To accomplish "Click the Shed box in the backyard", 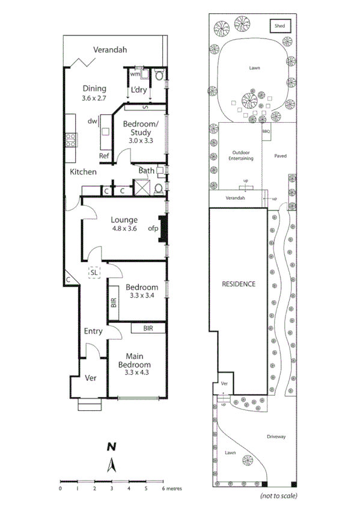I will tap(279, 26).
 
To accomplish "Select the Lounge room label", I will tap(124, 220).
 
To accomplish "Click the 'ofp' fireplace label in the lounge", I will tap(153, 229).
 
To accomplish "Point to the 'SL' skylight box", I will tap(94, 272).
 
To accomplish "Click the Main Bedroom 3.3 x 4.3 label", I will tap(134, 364).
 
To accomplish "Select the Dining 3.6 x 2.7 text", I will tap(94, 93).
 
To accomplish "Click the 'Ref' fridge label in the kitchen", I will tap(104, 156).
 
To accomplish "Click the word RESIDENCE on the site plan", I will tap(239, 284).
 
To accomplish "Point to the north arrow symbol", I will tap(111, 465).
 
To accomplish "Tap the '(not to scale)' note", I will tap(279, 496).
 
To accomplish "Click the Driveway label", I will tap(276, 437).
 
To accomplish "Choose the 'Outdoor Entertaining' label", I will tap(241, 156).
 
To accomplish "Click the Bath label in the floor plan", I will tap(147, 171).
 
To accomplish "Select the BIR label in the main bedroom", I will tap(148, 329).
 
